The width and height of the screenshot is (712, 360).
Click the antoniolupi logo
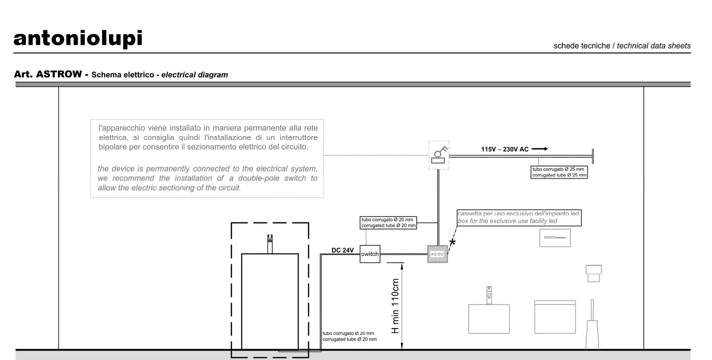pyautogui.click(x=78, y=39)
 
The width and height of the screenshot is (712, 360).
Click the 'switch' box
pyautogui.click(x=370, y=254)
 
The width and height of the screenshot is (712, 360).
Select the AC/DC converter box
pyautogui.click(x=437, y=254)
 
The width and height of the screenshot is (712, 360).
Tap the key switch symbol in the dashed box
pyautogui.click(x=439, y=155)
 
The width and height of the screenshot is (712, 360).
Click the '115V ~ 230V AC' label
pyautogui.click(x=505, y=149)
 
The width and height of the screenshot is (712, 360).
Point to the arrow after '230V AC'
pyautogui.click(x=540, y=149)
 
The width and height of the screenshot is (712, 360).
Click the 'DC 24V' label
pyautogui.click(x=343, y=250)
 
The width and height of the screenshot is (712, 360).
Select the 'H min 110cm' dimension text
pyautogui.click(x=395, y=306)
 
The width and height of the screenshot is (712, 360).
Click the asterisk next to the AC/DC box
pyautogui.click(x=452, y=243)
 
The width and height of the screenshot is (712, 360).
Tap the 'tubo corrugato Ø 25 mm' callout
pyautogui.click(x=559, y=172)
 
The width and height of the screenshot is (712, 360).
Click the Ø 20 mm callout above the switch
pyautogui.click(x=388, y=222)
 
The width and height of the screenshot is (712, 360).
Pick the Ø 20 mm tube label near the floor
pyautogui.click(x=349, y=336)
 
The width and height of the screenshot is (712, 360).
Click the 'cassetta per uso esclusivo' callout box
pyautogui.click(x=519, y=218)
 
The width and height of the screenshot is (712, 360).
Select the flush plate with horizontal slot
pyautogui.click(x=555, y=238)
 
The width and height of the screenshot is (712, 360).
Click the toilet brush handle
pyautogui.click(x=592, y=310)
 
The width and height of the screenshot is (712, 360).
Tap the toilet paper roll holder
pyautogui.click(x=594, y=273)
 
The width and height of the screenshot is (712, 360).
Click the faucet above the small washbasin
pyautogui.click(x=489, y=295)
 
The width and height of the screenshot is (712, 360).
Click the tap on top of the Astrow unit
pyautogui.click(x=270, y=244)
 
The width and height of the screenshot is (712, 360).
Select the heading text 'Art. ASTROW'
pyautogui.click(x=48, y=74)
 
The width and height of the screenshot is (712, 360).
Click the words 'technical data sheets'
pyautogui.click(x=654, y=46)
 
